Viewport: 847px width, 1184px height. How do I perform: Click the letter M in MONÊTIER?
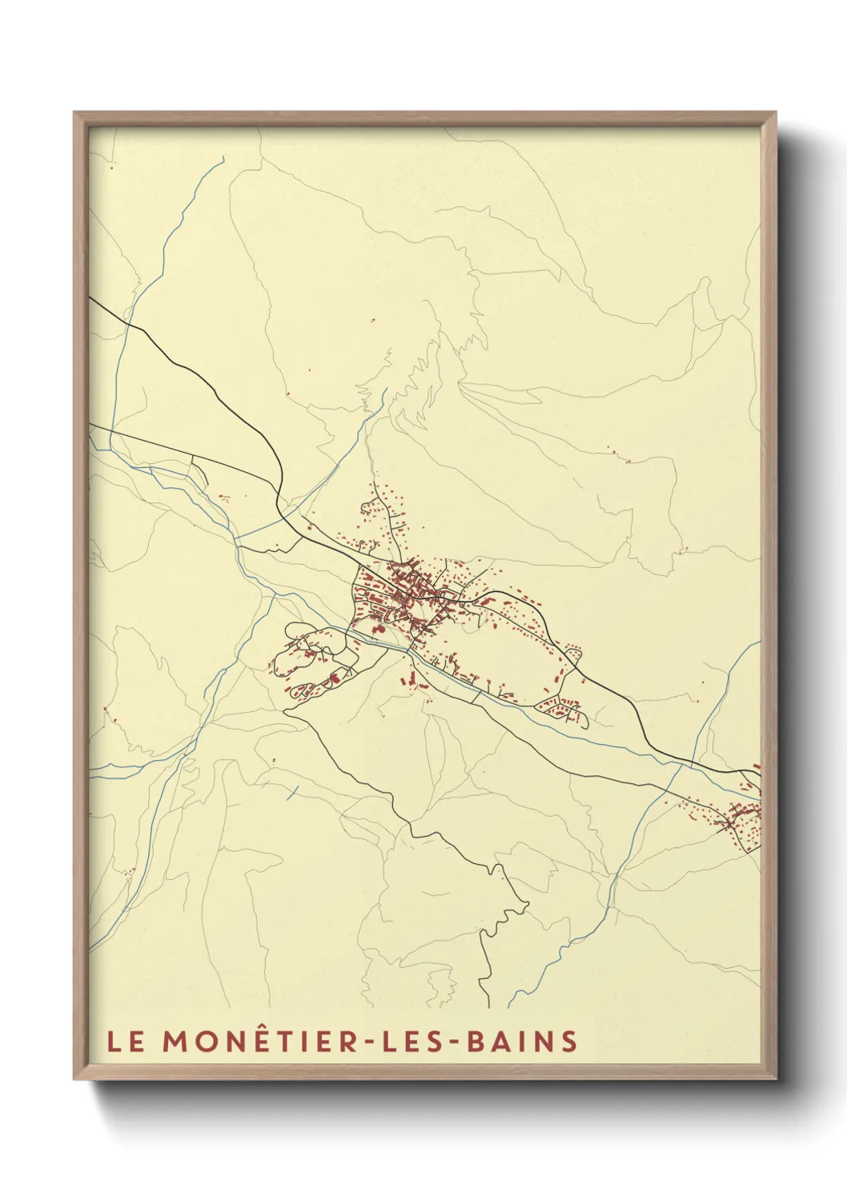175,1042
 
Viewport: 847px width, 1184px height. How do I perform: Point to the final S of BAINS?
569,1042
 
